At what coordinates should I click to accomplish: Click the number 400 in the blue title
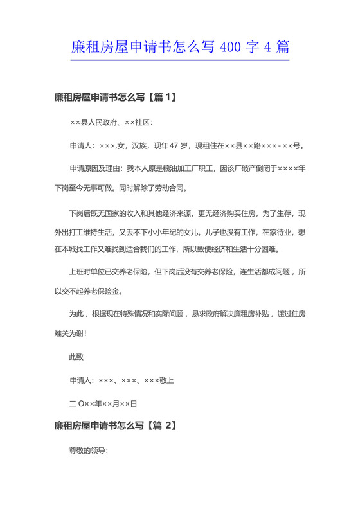[x=230, y=46]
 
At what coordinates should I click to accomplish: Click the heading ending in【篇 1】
[x=116, y=98]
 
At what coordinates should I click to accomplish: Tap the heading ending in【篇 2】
[x=116, y=425]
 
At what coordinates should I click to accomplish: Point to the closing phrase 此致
[x=76, y=356]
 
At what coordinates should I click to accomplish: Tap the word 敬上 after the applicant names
[x=166, y=380]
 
